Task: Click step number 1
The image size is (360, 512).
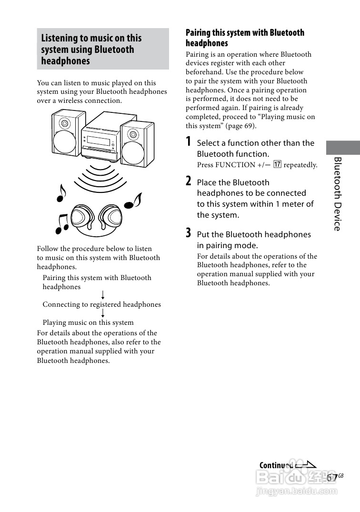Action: (x=189, y=142)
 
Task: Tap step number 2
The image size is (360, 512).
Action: (x=189, y=181)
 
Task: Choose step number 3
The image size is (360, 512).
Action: (x=189, y=233)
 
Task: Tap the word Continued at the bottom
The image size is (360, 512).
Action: (x=276, y=465)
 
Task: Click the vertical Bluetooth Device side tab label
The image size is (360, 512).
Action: (x=338, y=193)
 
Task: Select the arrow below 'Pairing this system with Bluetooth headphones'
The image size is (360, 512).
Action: (x=103, y=295)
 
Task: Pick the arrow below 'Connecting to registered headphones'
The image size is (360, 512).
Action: (x=103, y=313)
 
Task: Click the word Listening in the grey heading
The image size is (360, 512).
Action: (x=59, y=38)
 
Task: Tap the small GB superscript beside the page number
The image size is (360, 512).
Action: (x=341, y=475)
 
